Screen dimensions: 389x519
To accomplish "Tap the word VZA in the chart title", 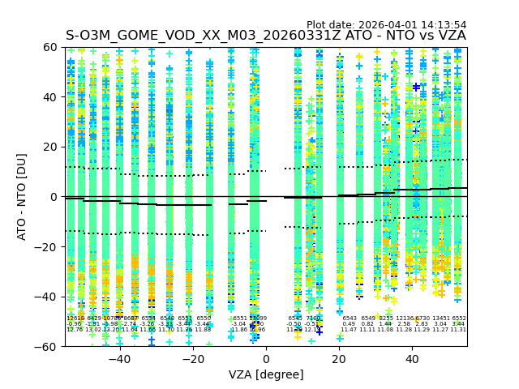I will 451,36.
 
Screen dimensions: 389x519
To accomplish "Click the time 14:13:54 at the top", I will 444,25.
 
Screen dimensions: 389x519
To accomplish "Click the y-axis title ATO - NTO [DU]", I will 22,196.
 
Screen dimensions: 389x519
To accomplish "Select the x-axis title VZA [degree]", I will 266,374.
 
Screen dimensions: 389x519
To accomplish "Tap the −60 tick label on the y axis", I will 49,346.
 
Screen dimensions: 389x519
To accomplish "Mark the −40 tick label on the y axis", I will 49,297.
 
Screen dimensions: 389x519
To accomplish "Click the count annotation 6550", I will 204,318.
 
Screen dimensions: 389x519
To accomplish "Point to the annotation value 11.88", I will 204,330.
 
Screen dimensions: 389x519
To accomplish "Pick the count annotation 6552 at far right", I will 459,318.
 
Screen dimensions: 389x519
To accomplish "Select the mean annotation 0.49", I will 349,324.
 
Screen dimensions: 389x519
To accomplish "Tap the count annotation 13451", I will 441,318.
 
